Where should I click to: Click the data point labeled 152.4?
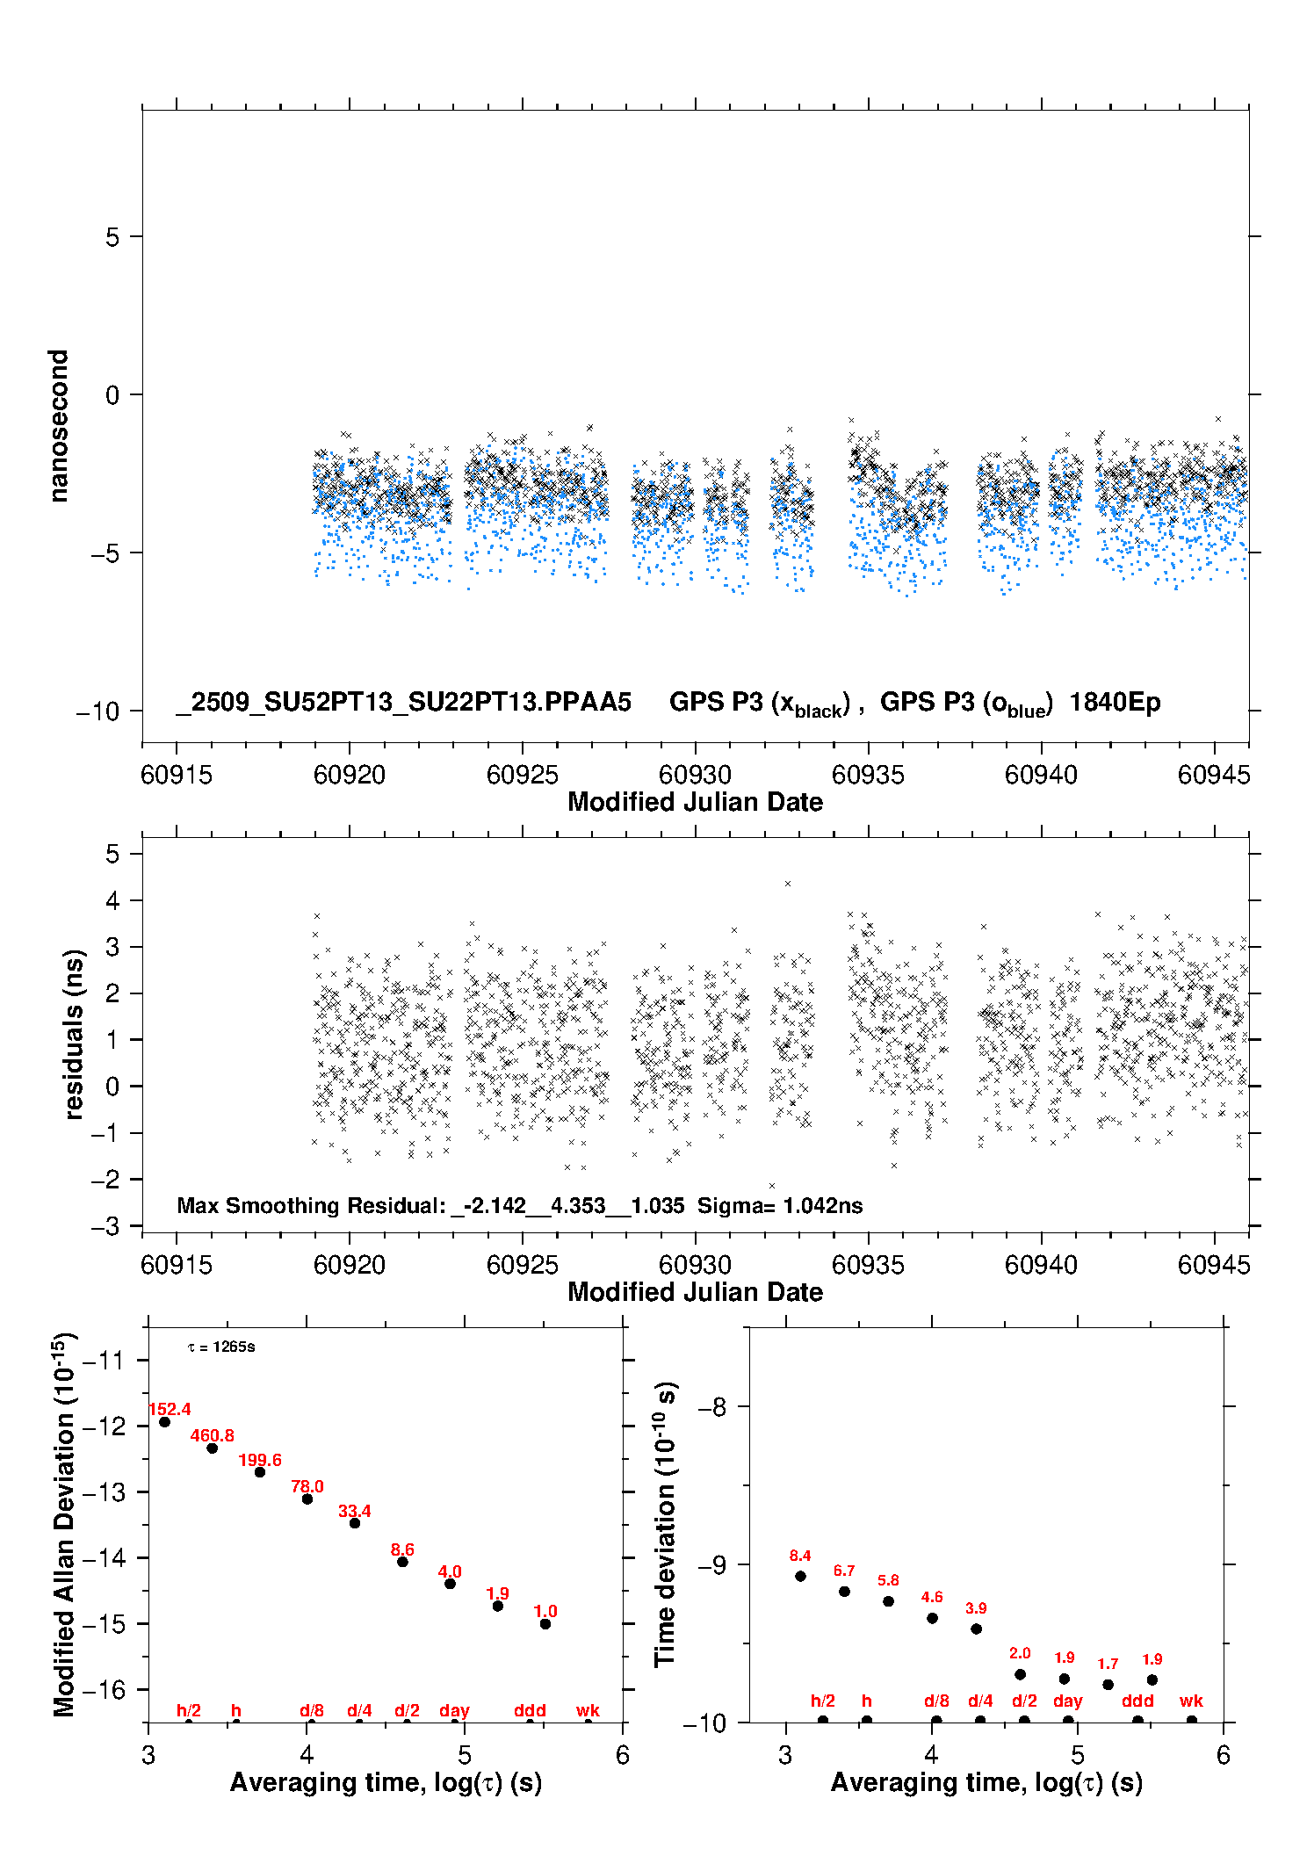point(164,1421)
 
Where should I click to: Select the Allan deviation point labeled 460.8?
point(212,1448)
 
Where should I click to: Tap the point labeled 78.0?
point(307,1499)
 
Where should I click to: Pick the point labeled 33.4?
point(355,1523)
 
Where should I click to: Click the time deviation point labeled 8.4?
point(800,1576)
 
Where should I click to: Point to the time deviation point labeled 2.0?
point(1020,1674)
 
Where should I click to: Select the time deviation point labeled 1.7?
point(1108,1684)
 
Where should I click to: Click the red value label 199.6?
point(260,1460)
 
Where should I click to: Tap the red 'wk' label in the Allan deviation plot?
point(588,1710)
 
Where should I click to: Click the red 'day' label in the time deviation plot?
point(1068,1701)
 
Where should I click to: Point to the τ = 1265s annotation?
point(221,1347)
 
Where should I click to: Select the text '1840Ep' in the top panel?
point(1115,703)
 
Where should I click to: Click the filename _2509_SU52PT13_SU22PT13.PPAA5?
point(404,703)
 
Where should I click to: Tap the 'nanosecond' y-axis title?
point(59,426)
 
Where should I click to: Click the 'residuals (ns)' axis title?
point(74,1034)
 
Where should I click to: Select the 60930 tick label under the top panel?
point(695,775)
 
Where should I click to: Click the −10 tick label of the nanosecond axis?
point(98,711)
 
